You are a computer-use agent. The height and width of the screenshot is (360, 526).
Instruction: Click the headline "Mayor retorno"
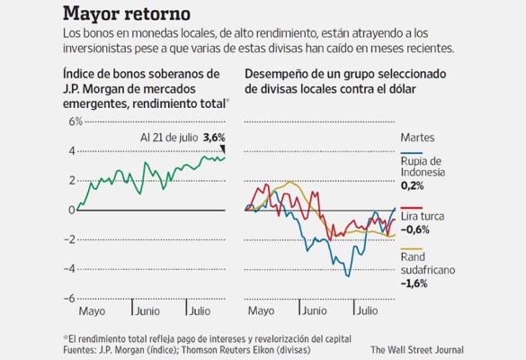point(126,14)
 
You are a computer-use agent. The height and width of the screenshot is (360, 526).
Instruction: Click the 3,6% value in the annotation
point(214,137)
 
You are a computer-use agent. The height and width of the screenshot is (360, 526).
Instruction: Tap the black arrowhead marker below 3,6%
point(223,149)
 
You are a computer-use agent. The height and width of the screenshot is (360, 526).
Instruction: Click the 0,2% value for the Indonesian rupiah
point(412,185)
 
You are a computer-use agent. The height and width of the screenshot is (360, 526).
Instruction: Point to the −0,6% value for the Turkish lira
point(415,229)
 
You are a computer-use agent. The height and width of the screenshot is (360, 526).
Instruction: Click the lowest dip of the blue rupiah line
point(347,275)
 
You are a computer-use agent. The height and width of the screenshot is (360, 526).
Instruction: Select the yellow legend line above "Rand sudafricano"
point(411,248)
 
